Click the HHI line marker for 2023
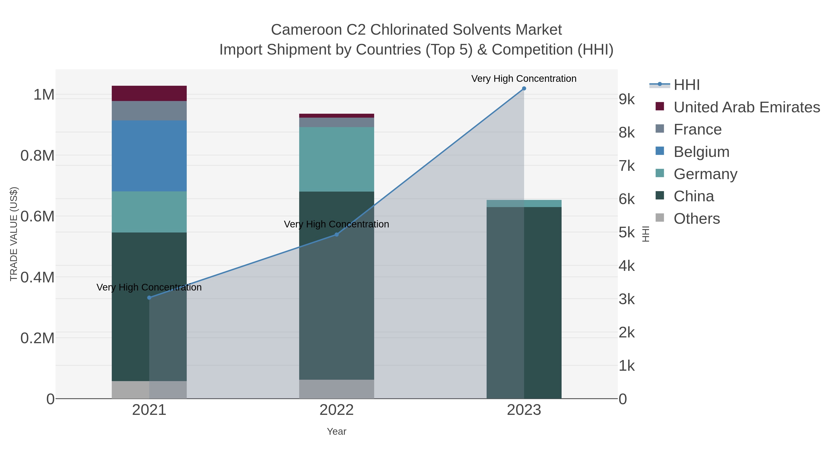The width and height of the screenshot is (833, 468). [524, 89]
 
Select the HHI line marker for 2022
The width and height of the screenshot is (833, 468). [336, 235]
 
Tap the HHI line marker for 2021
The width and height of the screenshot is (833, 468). [149, 297]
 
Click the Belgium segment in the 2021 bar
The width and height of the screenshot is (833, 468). [149, 156]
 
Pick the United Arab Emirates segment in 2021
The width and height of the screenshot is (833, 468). [149, 93]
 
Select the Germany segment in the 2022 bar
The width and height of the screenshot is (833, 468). [336, 159]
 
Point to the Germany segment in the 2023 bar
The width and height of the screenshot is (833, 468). [524, 203]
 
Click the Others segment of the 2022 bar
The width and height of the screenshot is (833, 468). [336, 389]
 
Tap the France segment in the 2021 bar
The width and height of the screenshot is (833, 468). [149, 111]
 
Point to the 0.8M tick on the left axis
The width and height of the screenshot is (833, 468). [37, 156]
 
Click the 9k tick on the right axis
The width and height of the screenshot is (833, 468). [627, 99]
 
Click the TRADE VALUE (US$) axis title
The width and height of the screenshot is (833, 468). [14, 234]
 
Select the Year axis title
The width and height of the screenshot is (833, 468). [336, 431]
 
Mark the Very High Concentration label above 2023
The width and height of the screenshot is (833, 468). [524, 79]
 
